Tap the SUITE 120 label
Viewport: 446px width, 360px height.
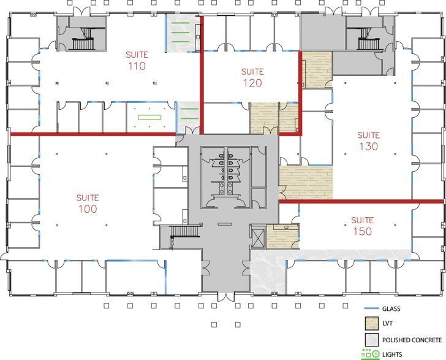252,77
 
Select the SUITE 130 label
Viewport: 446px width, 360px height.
368,141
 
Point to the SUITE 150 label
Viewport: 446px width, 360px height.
363,226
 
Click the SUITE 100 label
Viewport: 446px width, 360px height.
88,203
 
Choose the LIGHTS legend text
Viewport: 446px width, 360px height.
391,354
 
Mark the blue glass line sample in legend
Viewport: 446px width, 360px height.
370,309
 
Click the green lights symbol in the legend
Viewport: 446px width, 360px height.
370,354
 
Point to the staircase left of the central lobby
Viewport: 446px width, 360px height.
179,237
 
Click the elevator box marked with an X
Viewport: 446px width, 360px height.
257,236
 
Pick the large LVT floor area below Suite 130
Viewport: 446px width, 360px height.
306,182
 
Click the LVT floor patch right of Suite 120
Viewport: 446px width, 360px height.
317,69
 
